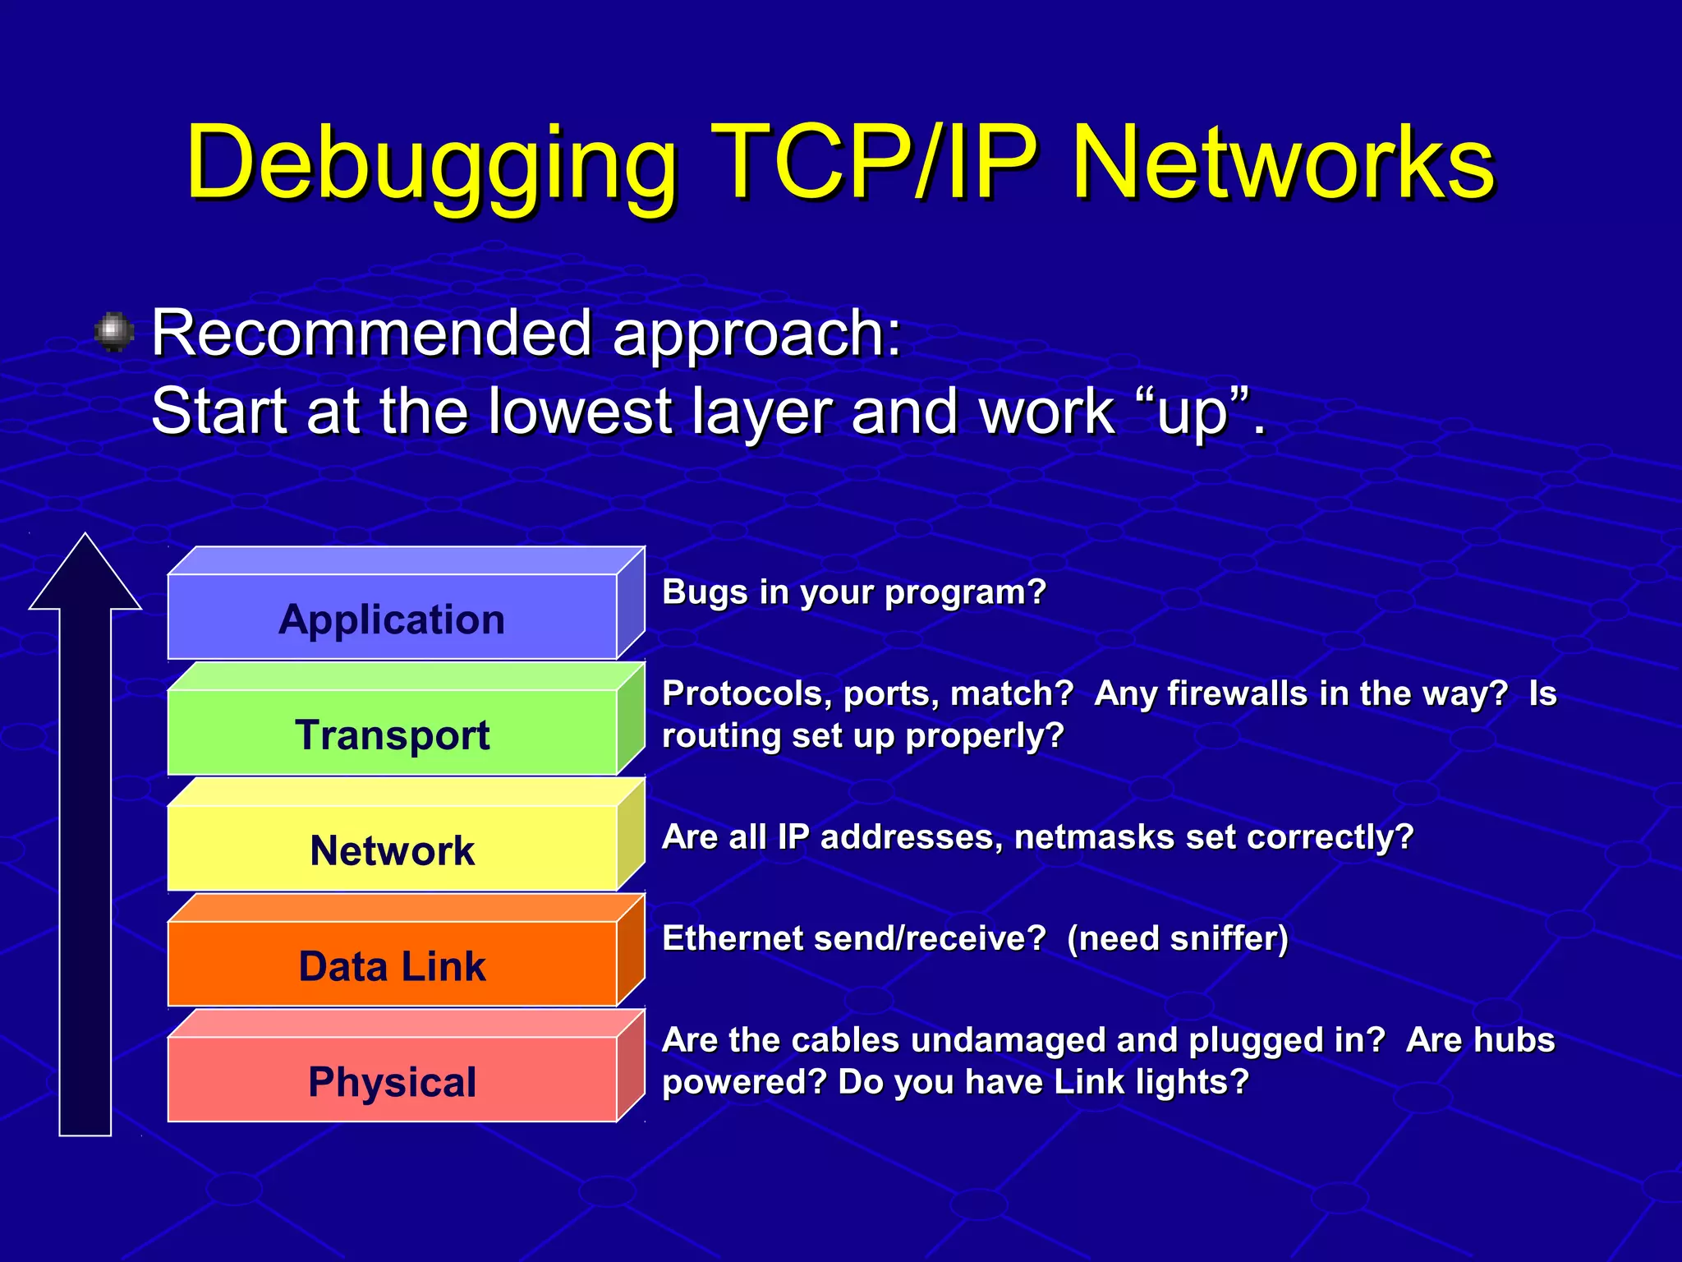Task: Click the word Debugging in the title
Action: coord(430,164)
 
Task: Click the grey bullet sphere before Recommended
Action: coord(114,332)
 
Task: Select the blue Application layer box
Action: coord(393,618)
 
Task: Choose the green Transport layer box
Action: coord(393,734)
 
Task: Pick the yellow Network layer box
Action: coord(393,850)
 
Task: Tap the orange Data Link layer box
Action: coord(393,965)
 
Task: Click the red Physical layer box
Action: coord(393,1081)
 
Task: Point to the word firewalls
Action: coord(1238,693)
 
